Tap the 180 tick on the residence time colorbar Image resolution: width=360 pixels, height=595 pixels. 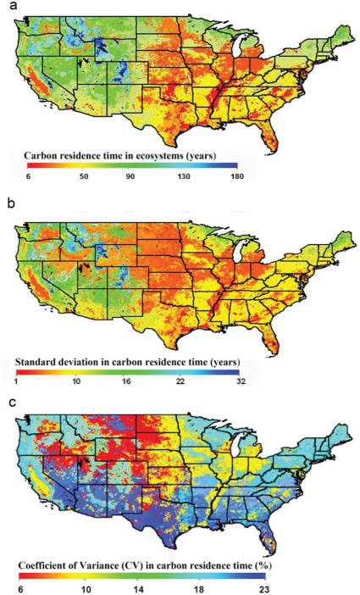coord(237,176)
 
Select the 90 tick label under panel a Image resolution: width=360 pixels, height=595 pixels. coord(130,176)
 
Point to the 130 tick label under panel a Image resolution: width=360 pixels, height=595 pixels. coord(184,176)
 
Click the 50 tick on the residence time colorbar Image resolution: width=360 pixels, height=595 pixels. coord(84,176)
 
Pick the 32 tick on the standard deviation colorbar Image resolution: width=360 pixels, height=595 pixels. coord(241,381)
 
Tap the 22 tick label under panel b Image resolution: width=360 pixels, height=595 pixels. coord(180,381)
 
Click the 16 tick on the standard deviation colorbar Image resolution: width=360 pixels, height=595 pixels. coord(126,381)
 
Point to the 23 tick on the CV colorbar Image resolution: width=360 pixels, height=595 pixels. coord(264,589)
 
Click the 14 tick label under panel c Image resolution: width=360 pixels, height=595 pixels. coord(139,589)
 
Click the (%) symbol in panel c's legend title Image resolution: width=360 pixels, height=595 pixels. coord(265,565)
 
